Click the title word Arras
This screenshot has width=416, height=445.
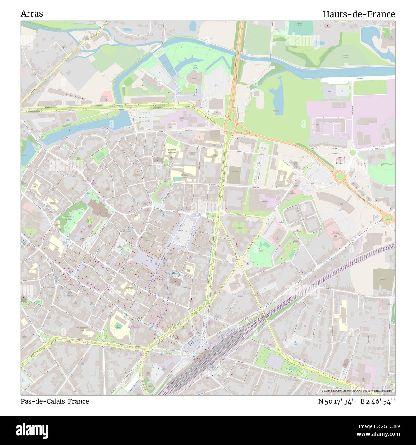(32, 14)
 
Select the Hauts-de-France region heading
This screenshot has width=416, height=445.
(358, 14)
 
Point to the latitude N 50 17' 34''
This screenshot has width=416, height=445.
(337, 401)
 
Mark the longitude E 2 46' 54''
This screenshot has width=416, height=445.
(378, 401)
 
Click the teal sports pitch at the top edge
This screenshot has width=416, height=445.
(300, 28)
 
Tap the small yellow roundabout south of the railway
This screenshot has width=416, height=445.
(278, 350)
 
